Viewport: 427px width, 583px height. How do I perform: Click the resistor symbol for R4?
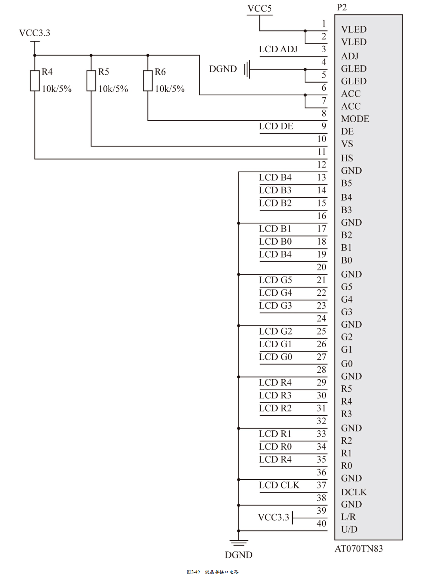(35, 80)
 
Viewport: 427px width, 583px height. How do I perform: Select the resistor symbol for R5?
(91, 80)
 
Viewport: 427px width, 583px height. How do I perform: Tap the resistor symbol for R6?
(148, 80)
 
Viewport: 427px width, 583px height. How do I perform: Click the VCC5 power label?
(260, 8)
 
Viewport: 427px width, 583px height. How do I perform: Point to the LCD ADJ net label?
(278, 49)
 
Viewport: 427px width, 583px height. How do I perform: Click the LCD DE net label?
(276, 126)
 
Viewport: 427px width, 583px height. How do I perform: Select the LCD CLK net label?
(279, 485)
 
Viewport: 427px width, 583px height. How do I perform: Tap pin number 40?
(322, 523)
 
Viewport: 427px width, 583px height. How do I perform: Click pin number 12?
(322, 165)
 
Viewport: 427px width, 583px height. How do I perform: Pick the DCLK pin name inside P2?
(354, 492)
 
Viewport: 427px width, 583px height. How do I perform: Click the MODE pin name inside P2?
(355, 119)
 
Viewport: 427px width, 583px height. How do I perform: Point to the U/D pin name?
(349, 530)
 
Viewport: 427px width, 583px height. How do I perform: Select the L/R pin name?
(349, 517)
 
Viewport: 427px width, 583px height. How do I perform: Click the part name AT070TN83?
(359, 549)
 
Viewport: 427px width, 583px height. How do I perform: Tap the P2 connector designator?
(342, 7)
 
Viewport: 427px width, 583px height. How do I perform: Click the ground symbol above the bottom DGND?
(239, 543)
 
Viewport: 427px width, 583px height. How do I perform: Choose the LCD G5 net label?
(275, 280)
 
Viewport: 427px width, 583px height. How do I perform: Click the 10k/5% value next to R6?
(170, 89)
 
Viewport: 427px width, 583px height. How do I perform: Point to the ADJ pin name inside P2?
(350, 56)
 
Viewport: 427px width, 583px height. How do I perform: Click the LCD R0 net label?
(275, 447)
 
